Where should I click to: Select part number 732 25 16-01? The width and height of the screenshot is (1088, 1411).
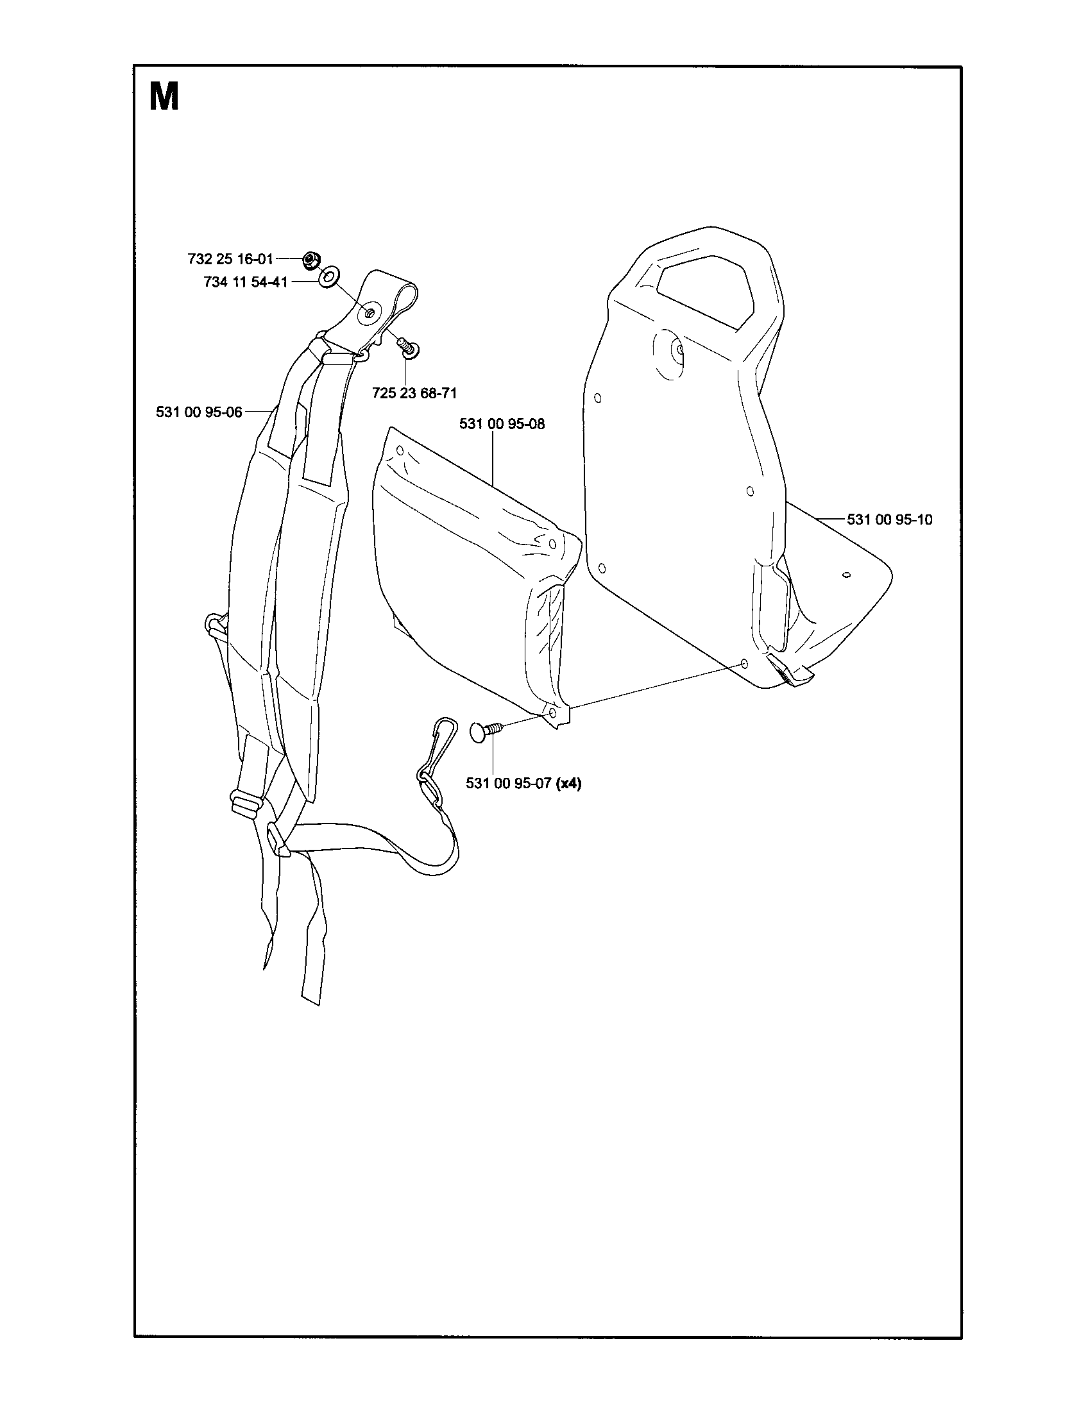pos(230,259)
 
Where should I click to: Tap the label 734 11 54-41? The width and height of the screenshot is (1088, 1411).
pos(246,282)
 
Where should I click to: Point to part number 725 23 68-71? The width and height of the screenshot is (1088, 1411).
pos(415,392)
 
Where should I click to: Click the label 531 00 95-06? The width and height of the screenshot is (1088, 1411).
pos(199,412)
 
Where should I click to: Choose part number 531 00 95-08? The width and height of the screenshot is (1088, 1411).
pos(502,424)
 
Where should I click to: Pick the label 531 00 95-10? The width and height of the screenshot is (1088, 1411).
pos(890,520)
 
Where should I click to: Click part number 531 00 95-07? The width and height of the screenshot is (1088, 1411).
pos(509,784)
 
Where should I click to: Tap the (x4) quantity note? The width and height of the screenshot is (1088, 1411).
pos(568,784)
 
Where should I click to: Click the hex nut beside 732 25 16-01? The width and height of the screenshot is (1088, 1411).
pos(310,260)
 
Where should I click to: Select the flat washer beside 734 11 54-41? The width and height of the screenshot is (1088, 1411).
pos(328,278)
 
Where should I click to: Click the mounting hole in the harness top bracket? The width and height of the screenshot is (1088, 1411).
pos(370,314)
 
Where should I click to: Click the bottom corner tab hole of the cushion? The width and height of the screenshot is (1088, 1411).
pos(552,713)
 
